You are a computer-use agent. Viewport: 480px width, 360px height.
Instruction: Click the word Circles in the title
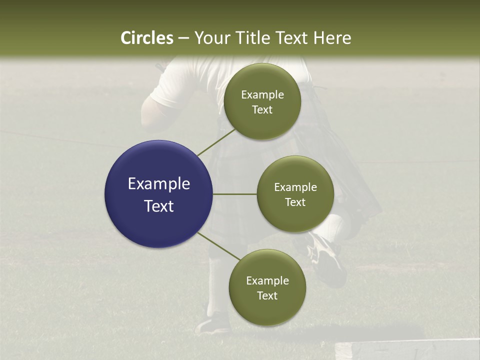[147, 38]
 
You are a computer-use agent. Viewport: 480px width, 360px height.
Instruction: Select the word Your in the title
[211, 38]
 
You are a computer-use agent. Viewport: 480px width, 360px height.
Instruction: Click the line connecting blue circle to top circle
[216, 142]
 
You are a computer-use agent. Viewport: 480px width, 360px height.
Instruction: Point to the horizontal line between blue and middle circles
[235, 194]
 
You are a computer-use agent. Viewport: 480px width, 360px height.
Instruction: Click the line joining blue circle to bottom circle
[218, 246]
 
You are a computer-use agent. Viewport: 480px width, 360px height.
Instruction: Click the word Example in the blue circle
[159, 184]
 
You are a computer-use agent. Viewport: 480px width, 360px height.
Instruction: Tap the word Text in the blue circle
[159, 206]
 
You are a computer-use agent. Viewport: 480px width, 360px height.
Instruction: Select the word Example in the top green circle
[262, 95]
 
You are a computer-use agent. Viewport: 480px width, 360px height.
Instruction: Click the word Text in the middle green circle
[295, 202]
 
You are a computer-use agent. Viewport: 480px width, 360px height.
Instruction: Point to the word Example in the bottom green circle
[267, 281]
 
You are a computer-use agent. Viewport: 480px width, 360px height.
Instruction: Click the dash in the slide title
[183, 38]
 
